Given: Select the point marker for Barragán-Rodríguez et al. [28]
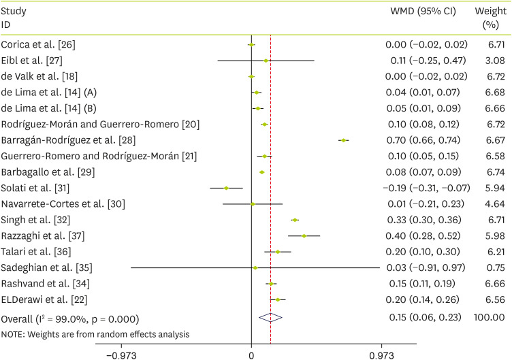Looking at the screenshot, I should click(344, 140).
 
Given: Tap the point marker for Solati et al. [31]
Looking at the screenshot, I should click(227, 188).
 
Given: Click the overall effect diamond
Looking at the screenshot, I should click(270, 316).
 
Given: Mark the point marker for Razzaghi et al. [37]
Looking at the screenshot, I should click(304, 236).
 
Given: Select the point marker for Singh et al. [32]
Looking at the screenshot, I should click(295, 220).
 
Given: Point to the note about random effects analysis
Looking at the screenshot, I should click(95, 334).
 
